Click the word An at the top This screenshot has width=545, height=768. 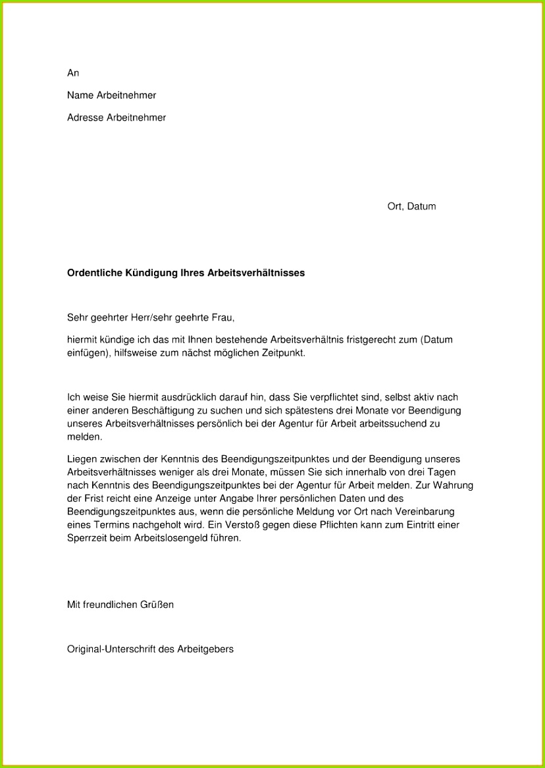[73, 73]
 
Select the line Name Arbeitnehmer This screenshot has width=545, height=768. [111, 96]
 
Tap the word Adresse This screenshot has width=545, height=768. [85, 118]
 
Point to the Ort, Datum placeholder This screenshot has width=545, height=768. [411, 206]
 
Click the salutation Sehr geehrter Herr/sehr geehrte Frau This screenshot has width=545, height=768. [151, 317]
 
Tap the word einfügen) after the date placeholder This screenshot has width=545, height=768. [88, 353]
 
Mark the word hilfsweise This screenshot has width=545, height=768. [134, 353]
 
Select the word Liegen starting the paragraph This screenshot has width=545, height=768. [82, 458]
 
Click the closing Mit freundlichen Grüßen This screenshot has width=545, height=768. [120, 604]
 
